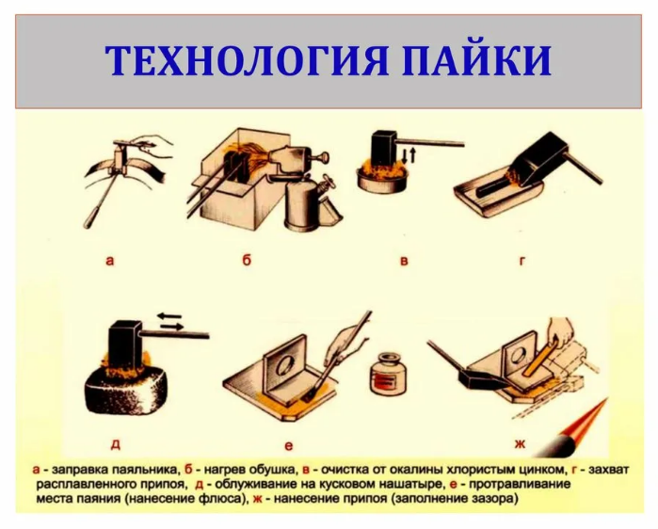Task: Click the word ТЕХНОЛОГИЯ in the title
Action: pos(246,60)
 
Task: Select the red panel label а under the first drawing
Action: pos(110,261)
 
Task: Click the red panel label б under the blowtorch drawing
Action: pos(247,260)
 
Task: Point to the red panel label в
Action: pos(404,261)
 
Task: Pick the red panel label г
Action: pos(522,261)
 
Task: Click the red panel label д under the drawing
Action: pos(116,444)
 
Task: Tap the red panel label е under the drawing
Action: pos(289,446)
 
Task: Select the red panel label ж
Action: pos(520,444)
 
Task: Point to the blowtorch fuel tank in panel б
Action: pos(303,207)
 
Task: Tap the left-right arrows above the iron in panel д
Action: pos(169,321)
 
